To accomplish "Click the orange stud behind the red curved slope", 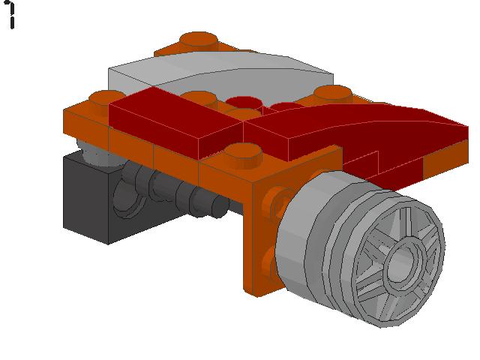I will click(x=333, y=93).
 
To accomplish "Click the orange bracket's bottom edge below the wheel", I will click(x=259, y=289).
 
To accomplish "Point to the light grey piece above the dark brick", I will click(x=94, y=154).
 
